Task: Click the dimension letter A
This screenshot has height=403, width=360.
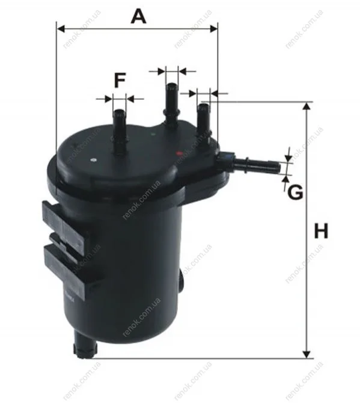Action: pyautogui.click(x=138, y=16)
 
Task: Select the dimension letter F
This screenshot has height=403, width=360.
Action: pyautogui.click(x=120, y=80)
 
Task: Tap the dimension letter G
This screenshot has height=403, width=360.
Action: pyautogui.click(x=295, y=192)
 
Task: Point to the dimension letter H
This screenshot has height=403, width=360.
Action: pyautogui.click(x=321, y=231)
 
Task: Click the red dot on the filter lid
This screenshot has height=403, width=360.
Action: pyautogui.click(x=179, y=153)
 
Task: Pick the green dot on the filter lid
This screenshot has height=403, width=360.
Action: pyautogui.click(x=153, y=134)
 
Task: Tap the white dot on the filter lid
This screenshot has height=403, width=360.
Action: pyautogui.click(x=94, y=160)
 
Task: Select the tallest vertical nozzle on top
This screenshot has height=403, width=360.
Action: pyautogui.click(x=171, y=105)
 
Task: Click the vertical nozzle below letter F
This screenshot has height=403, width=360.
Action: pyautogui.click(x=120, y=132)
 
